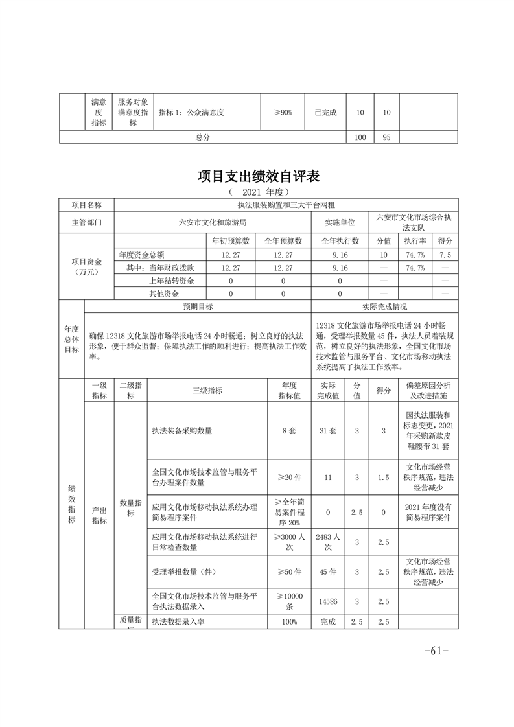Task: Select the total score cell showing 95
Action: pos(386,137)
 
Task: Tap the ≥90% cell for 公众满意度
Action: pos(283,112)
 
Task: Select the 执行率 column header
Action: pos(415,240)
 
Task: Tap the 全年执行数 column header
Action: pos(340,240)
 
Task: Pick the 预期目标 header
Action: pos(198,306)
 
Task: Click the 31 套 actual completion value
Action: pos(327,430)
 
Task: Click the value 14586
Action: pos(327,601)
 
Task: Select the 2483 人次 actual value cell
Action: pos(327,542)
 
